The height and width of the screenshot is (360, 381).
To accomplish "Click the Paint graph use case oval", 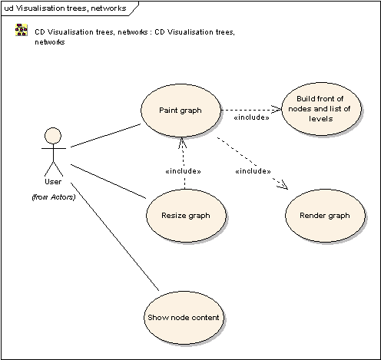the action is (181, 111).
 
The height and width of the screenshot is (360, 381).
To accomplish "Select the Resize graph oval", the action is (186, 216).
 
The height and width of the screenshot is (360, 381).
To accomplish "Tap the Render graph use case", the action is (325, 216).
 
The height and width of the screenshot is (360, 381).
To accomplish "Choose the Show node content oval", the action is (184, 318).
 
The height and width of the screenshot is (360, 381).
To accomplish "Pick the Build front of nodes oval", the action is (321, 109).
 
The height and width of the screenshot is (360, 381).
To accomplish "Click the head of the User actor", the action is (53, 136).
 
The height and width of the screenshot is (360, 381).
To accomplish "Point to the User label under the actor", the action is (53, 182).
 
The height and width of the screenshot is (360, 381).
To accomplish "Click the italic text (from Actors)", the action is (54, 197).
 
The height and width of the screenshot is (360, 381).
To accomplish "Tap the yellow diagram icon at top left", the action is (22, 30).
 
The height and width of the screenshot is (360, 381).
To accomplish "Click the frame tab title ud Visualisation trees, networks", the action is (65, 8).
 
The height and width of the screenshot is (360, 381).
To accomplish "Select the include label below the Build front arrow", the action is (252, 117).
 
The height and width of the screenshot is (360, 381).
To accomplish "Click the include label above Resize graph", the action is (183, 171).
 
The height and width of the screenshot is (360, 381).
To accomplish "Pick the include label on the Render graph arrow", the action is (253, 171).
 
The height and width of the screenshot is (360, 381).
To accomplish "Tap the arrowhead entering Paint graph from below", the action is (182, 143).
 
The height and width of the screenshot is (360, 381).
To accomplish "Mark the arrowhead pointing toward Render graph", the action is (283, 185).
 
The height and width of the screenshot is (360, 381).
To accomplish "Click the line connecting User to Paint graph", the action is (106, 136).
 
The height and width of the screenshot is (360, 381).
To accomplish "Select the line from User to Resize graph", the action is (108, 181).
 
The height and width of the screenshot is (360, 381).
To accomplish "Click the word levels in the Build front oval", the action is (321, 119).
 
